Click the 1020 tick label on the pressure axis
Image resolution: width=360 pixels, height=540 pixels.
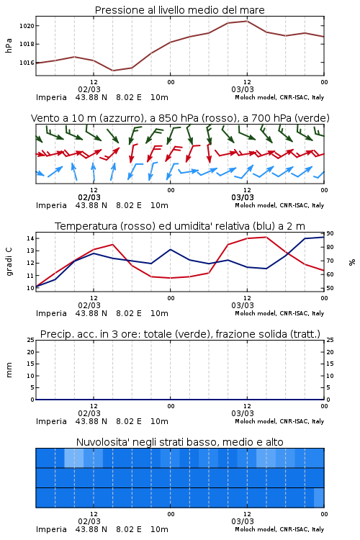point(27,26)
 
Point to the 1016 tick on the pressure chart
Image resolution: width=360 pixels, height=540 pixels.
point(27,63)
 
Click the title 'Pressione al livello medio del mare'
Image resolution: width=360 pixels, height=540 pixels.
point(180,10)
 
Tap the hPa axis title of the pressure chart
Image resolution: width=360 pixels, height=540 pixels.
point(9,45)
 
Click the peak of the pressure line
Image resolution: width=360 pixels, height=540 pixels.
point(247,21)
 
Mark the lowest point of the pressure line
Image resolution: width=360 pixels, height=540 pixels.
point(112,71)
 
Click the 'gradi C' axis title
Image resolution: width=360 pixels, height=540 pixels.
point(9,262)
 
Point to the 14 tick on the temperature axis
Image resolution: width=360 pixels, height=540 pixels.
point(30,238)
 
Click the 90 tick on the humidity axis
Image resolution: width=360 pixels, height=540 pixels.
point(330,233)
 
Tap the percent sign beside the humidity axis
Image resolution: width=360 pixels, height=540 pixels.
point(352,262)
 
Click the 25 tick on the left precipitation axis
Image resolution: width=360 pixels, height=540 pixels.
point(30,340)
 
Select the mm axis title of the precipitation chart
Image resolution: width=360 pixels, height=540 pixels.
point(9,370)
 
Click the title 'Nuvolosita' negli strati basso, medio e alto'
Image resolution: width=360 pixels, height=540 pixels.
point(180,442)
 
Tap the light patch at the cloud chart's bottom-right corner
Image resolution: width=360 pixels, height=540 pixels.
point(319,498)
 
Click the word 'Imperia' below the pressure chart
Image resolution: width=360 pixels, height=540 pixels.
point(51,97)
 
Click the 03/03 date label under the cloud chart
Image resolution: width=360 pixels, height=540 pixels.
point(243,521)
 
